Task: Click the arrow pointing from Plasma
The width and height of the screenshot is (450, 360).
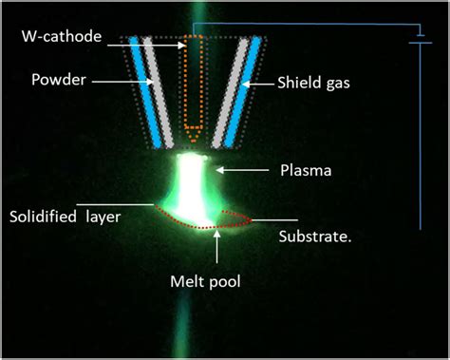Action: tap(247, 171)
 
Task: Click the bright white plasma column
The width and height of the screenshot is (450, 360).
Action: tap(196, 185)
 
